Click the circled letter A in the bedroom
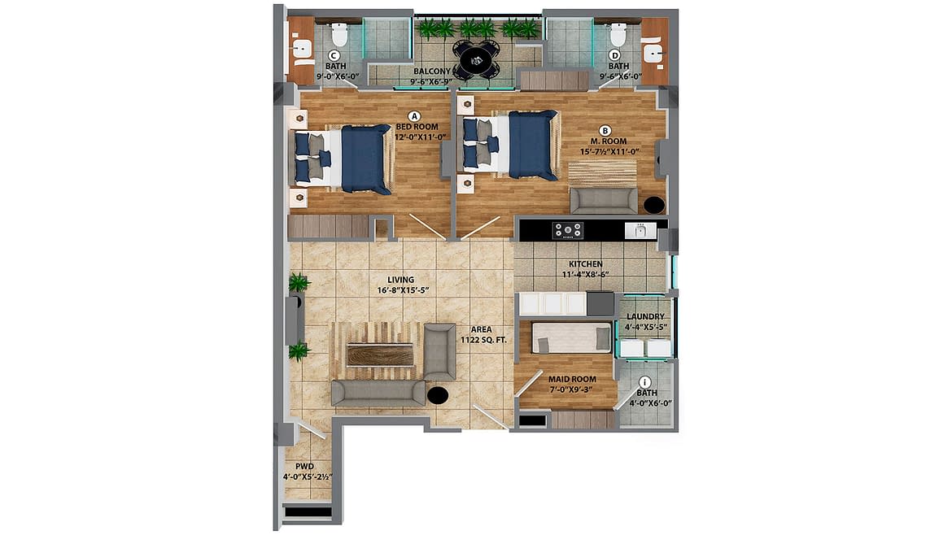coord(415,115)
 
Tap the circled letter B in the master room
coord(605,130)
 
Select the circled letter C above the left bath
coord(334,56)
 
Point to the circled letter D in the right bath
coord(615,56)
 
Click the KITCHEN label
coord(585,264)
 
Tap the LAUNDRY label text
coord(645,316)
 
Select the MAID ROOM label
coord(572,379)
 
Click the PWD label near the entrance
coord(305,467)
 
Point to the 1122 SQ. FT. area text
coord(483,341)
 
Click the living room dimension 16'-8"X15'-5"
coord(403,290)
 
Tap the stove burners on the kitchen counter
coord(568,230)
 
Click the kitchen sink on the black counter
coord(640,230)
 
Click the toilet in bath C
coord(338,35)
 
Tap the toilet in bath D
coord(618,35)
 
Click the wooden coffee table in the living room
coord(379,354)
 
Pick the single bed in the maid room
coord(571,337)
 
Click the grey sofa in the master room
coord(604,200)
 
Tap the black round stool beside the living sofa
coord(438,395)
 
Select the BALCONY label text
coord(432,71)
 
